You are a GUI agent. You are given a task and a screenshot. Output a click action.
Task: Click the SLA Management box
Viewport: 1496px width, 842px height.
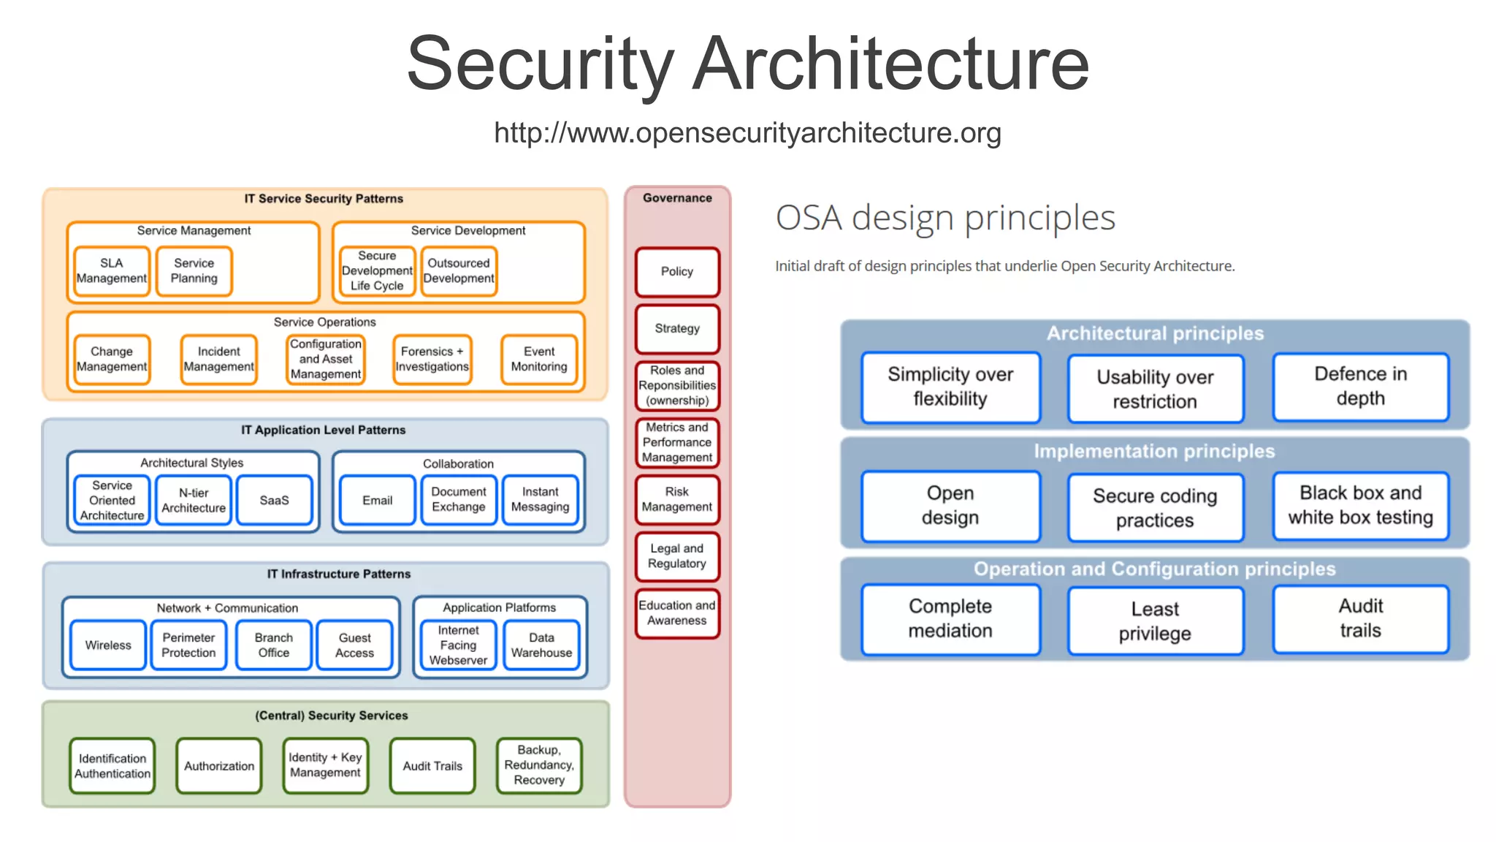112,271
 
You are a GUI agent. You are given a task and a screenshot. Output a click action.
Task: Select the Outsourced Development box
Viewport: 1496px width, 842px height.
459,271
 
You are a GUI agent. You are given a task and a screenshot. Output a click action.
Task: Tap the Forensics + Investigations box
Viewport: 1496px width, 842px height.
432,359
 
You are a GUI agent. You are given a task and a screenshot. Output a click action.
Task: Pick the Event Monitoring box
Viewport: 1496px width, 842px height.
539,359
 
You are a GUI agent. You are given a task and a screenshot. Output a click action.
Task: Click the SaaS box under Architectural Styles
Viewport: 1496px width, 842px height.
275,500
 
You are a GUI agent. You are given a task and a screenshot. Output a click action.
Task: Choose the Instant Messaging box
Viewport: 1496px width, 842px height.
541,500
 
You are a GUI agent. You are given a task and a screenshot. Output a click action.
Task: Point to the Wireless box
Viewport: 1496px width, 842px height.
108,645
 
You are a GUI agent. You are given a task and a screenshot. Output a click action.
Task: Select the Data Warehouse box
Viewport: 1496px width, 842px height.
541,645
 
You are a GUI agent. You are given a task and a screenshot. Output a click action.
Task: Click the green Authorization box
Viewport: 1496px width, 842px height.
219,766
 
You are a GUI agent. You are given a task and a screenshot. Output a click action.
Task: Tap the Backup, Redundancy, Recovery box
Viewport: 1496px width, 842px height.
539,765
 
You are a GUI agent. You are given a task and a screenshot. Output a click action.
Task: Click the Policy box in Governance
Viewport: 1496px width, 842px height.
677,272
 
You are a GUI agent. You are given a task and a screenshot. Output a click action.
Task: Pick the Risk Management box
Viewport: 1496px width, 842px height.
677,500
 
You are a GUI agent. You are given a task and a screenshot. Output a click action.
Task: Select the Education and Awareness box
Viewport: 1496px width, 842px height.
677,613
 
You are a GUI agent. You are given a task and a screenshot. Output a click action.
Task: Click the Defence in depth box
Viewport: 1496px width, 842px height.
1360,387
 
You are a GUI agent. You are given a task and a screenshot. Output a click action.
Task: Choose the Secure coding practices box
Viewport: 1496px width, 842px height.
1155,508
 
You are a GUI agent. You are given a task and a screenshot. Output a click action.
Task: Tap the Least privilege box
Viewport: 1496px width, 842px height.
1155,621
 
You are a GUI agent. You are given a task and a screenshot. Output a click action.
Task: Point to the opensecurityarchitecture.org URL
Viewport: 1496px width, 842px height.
747,133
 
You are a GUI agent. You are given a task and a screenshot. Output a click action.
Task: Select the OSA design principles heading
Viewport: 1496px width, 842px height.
945,218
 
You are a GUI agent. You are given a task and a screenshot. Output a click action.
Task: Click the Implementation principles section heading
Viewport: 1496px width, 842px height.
1154,452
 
